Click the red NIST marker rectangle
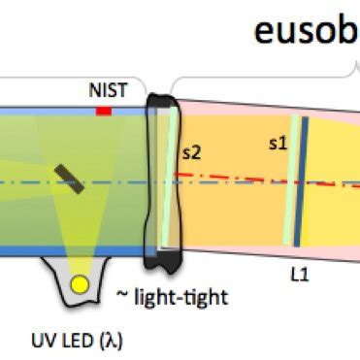pyautogui.click(x=104, y=112)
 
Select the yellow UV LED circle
pyautogui.click(x=81, y=285)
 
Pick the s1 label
pyautogui.click(x=278, y=144)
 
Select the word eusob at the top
pyautogui.click(x=305, y=31)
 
